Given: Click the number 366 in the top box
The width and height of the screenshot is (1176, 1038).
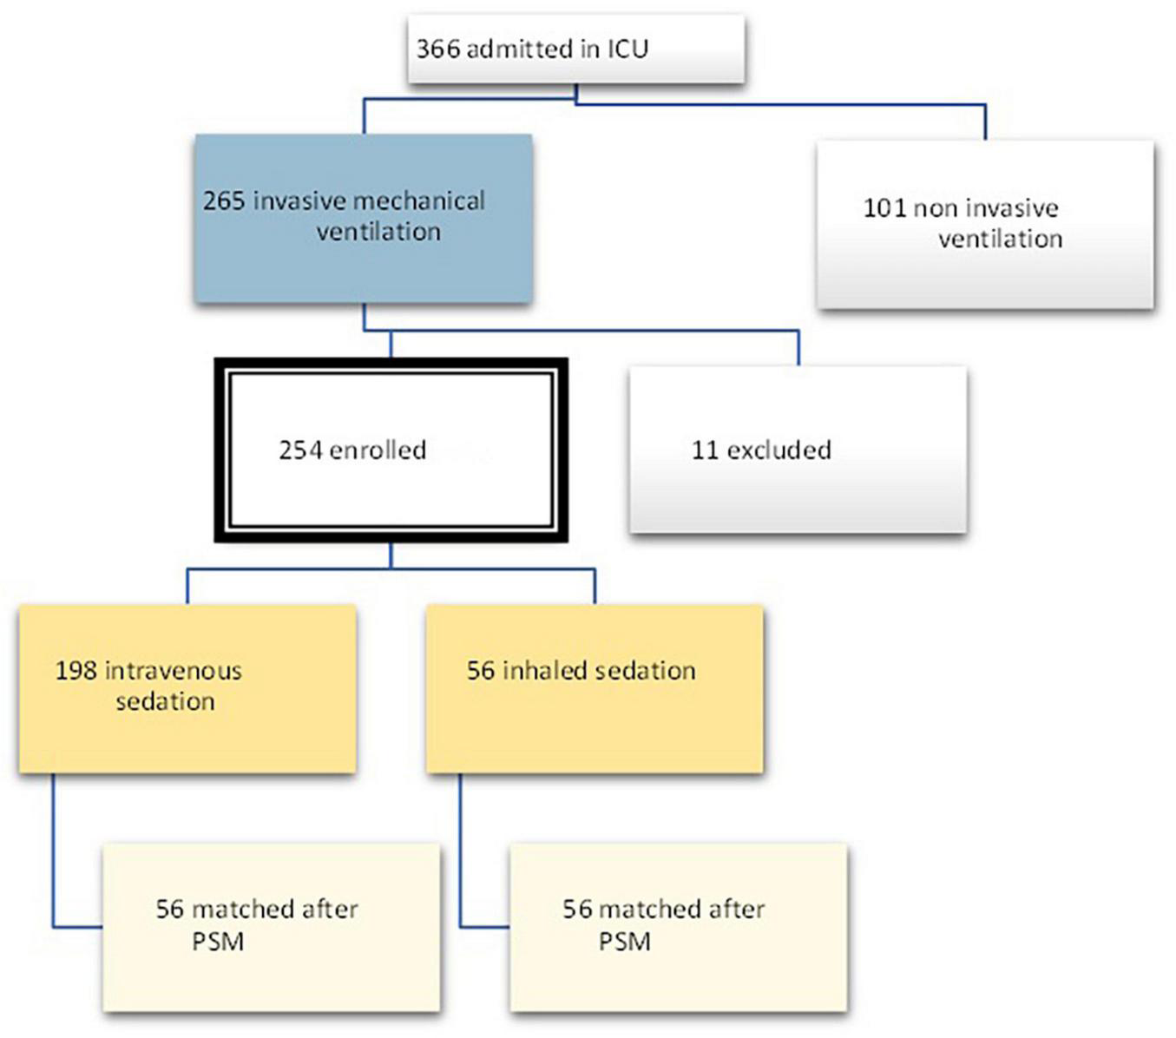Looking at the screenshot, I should [x=438, y=49].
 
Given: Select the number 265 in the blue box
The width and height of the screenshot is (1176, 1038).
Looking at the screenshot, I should [x=224, y=200].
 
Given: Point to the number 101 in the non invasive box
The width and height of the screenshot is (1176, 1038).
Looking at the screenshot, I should [x=884, y=208].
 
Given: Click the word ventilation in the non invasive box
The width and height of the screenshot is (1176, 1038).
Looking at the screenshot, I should [x=1000, y=239].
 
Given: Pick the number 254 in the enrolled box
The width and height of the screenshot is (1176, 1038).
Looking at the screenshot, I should [x=300, y=450].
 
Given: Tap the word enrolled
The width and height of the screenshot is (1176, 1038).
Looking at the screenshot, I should [x=378, y=450].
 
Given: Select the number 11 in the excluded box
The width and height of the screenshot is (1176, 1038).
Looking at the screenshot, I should [x=704, y=450].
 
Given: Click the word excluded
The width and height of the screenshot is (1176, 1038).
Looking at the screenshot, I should [x=779, y=450].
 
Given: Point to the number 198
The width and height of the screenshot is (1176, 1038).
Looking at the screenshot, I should [x=76, y=670].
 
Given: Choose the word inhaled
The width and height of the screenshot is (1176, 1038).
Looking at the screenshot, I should [x=543, y=670].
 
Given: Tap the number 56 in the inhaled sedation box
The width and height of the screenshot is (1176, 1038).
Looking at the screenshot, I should [x=481, y=670].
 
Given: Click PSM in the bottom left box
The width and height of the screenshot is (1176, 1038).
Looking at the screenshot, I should [x=217, y=942].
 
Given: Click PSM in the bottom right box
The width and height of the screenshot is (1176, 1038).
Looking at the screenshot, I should [x=624, y=942].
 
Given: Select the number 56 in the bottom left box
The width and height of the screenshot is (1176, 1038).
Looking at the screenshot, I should [x=170, y=909].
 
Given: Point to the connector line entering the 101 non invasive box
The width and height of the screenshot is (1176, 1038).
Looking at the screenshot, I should [x=985, y=122].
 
